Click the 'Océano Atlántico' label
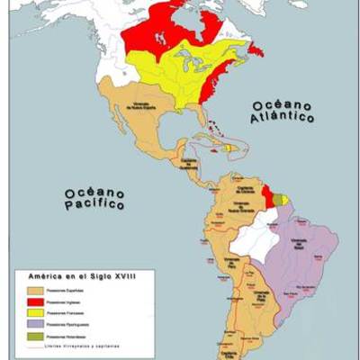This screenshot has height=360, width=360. tap(282, 111)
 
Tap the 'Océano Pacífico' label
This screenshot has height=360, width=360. tap(93, 199)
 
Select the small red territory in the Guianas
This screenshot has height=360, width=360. tap(266, 193)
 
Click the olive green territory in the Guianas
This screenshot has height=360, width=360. tap(278, 199)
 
